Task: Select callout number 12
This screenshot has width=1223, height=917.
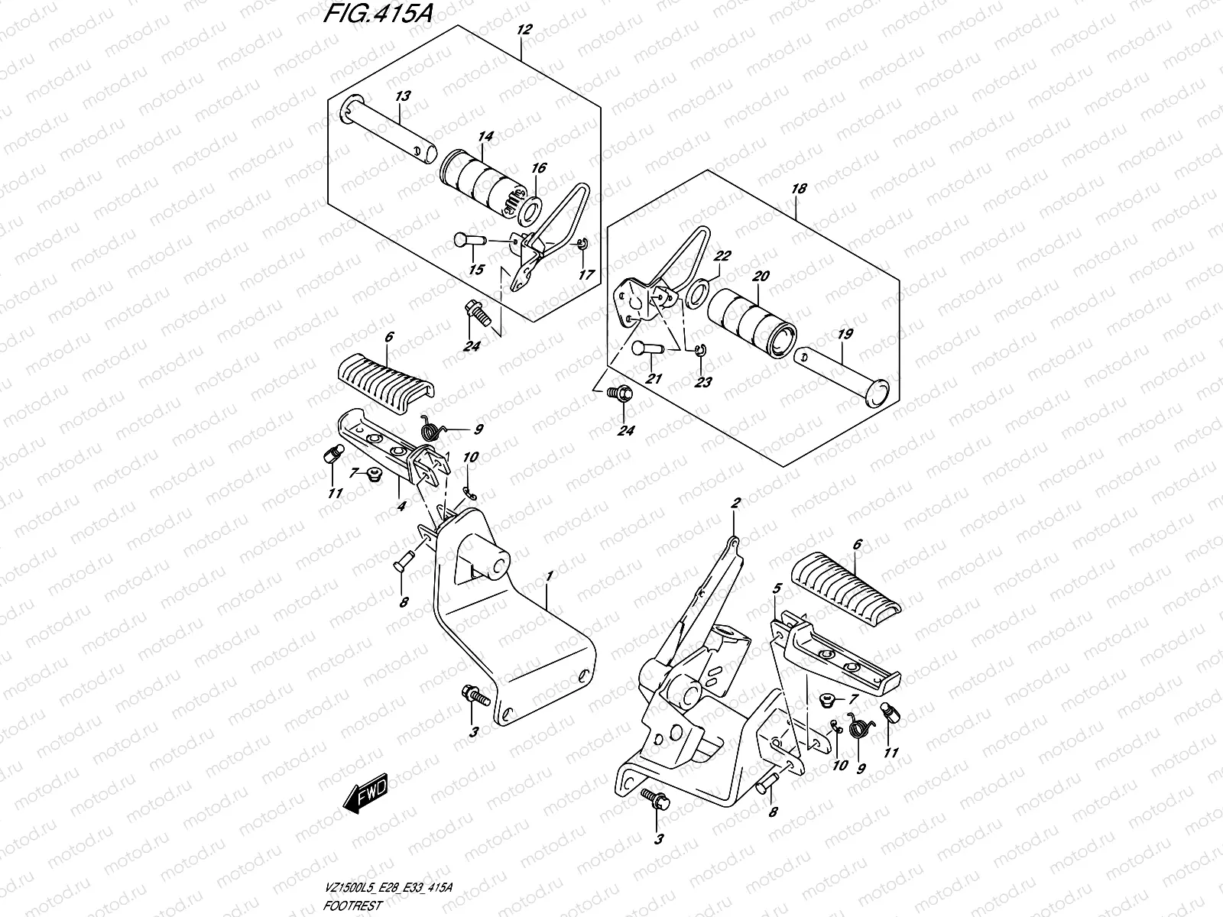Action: coord(524,31)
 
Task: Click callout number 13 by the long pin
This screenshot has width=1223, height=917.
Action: coord(403,96)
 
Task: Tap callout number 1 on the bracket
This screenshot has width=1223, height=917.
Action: coord(548,574)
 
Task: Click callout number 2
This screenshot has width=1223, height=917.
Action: coord(735,503)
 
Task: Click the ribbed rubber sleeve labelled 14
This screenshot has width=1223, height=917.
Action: coord(479,182)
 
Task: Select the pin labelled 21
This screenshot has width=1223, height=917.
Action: coord(647,350)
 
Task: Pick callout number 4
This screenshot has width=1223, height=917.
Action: coord(401,506)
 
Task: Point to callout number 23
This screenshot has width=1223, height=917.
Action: coord(703,381)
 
